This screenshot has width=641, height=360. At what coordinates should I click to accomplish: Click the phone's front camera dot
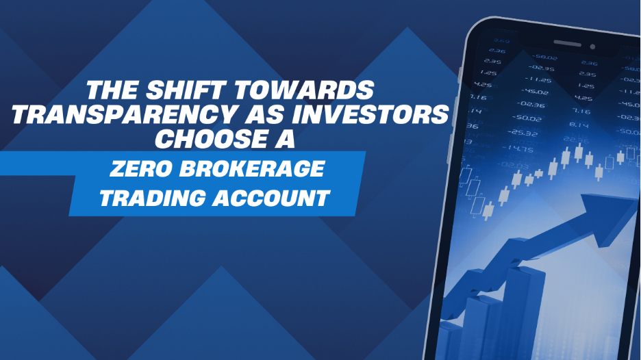pos(592,47)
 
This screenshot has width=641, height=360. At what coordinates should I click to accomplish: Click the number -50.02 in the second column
pos(528,119)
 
